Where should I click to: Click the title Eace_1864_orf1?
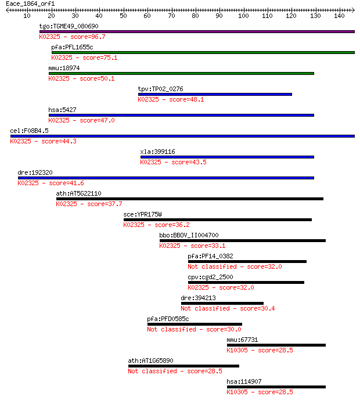[x=30, y=4]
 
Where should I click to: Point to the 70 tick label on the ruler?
[x=171, y=16]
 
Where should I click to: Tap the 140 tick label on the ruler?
[x=339, y=16]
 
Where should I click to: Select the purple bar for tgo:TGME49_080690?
[x=197, y=31]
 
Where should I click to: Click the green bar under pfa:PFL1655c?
[x=203, y=53]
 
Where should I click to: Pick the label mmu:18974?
[x=64, y=68]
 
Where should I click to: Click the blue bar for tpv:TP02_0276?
[x=215, y=95]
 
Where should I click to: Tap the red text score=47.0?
[x=97, y=120]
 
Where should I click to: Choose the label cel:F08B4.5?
[x=29, y=131]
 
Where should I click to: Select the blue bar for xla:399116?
[x=227, y=157]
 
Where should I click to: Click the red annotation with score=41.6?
[x=51, y=183]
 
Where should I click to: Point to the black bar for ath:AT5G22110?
[x=189, y=199]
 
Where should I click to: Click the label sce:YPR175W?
[x=142, y=215]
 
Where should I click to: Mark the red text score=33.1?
[x=208, y=246]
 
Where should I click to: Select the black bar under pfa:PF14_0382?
[x=247, y=262]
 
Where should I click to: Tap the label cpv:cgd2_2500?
[x=210, y=278]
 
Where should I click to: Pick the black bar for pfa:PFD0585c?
[x=195, y=325]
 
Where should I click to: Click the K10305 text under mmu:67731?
[x=237, y=351]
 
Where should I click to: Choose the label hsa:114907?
[x=244, y=382]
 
